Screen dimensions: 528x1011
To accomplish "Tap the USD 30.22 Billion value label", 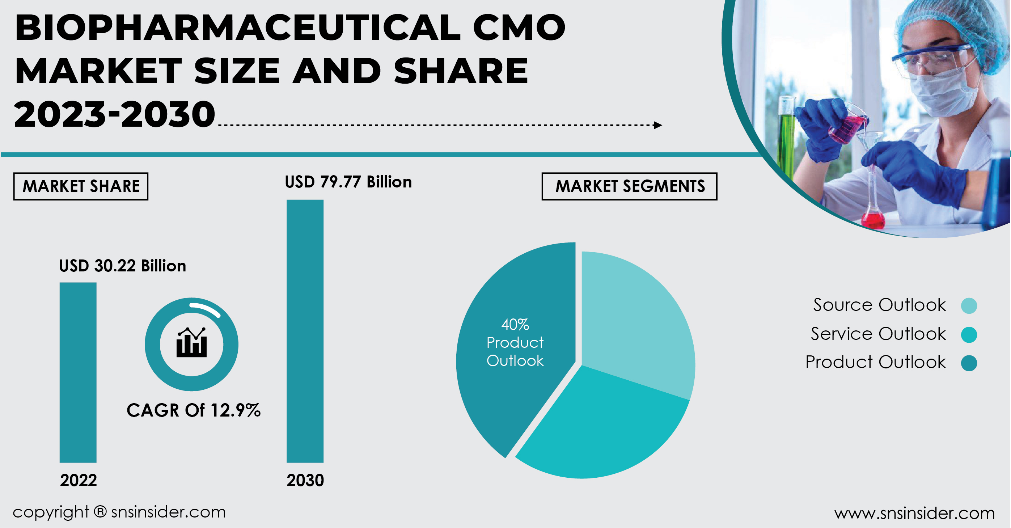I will pyautogui.click(x=122, y=266).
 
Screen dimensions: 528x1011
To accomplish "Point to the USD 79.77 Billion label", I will pyautogui.click(x=348, y=182).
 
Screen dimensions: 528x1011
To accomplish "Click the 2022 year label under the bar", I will pyautogui.click(x=79, y=480).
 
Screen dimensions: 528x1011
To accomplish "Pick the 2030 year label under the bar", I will pyautogui.click(x=305, y=480).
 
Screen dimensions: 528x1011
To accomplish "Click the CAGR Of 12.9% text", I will pyautogui.click(x=194, y=410).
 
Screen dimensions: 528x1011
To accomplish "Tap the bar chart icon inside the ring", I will pyautogui.click(x=191, y=343).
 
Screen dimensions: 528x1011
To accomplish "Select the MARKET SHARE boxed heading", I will pyautogui.click(x=81, y=186).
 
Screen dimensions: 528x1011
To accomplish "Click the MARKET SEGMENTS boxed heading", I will pyautogui.click(x=630, y=186).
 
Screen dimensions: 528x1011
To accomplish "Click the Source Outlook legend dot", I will pyautogui.click(x=969, y=305).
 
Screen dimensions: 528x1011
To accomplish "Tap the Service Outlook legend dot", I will pyautogui.click(x=969, y=334).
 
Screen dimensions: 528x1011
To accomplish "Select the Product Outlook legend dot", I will pyautogui.click(x=969, y=363).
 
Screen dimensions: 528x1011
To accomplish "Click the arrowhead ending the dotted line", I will pyautogui.click(x=658, y=125).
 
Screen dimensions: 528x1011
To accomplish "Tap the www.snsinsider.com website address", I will pyautogui.click(x=914, y=513).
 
